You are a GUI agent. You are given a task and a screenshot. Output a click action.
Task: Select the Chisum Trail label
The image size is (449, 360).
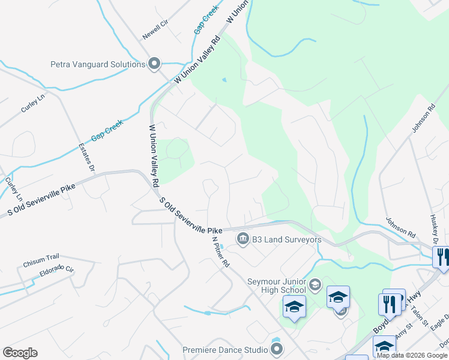(43, 263)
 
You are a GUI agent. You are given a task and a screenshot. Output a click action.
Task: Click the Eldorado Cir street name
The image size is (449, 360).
(52, 272)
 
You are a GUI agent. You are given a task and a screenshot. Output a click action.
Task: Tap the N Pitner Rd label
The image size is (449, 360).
(221, 251)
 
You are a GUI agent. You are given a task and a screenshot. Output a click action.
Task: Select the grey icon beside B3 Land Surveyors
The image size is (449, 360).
(243, 239)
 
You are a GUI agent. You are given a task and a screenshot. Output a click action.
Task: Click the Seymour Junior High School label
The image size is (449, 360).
(276, 286)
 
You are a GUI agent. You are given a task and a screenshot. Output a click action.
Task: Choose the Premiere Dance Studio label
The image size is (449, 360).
(225, 350)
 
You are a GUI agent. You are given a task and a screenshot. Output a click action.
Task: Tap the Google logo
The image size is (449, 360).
(20, 353)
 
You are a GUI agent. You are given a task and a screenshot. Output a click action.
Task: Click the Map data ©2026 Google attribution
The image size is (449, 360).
(412, 355)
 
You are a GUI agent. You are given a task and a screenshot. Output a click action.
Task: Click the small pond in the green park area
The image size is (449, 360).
(224, 80)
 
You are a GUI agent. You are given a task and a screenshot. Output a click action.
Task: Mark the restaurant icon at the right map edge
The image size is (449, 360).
(441, 257)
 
